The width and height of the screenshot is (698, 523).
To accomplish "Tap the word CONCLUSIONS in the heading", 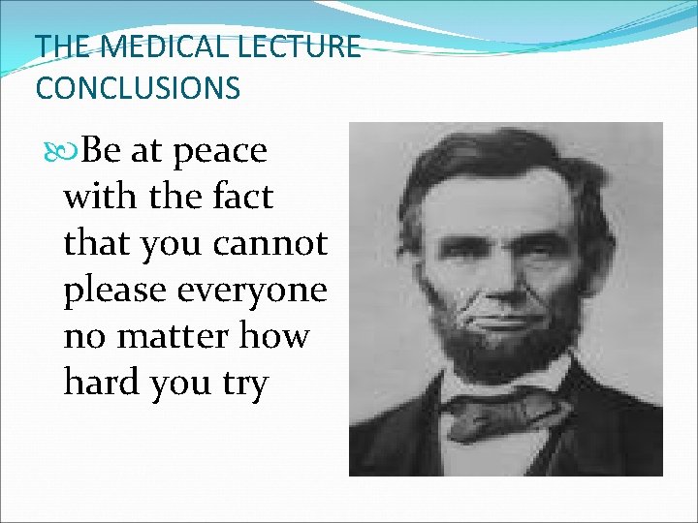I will click(137, 88).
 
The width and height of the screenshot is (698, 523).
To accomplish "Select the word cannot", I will click(279, 244).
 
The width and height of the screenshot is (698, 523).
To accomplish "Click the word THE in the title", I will click(63, 46).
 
